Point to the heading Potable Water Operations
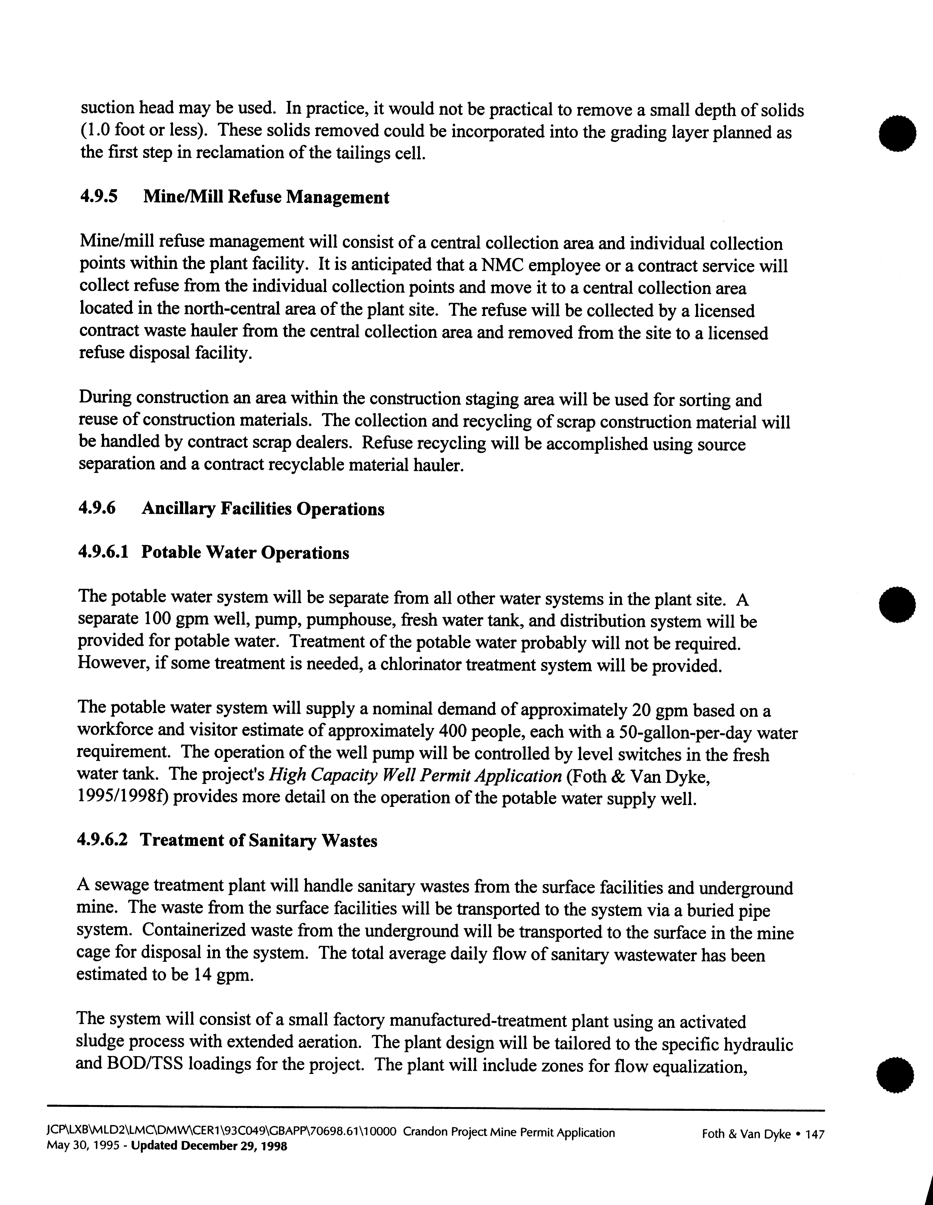(245, 553)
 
